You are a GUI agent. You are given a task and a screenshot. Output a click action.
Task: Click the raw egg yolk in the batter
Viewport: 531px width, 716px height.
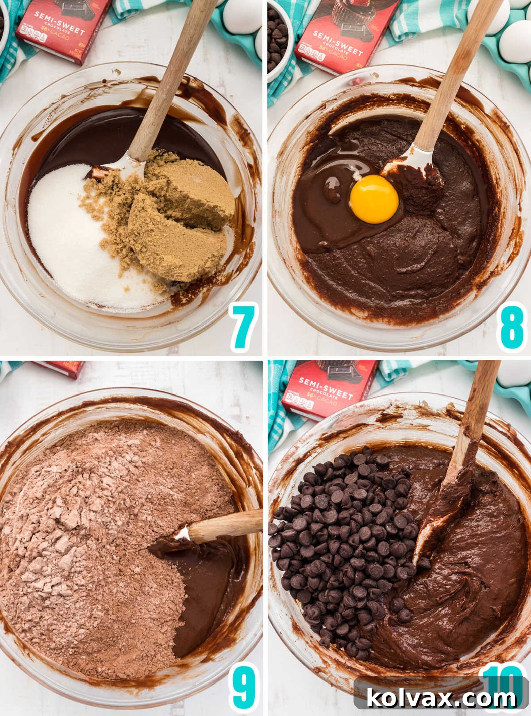click(x=374, y=199)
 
